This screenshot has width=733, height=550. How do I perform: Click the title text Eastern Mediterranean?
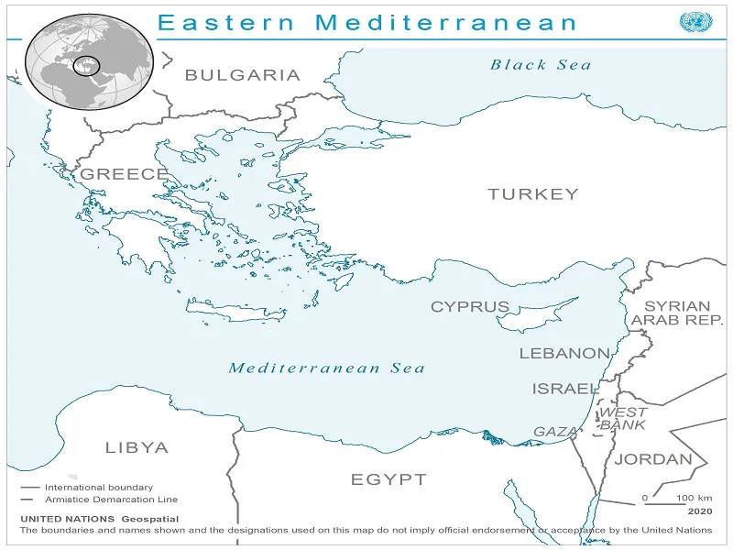pyautogui.click(x=368, y=22)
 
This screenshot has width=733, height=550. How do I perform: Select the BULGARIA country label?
pyautogui.click(x=242, y=75)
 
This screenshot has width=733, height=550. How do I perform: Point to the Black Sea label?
pyautogui.click(x=541, y=64)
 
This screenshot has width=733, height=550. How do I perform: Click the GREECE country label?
pyautogui.click(x=124, y=174)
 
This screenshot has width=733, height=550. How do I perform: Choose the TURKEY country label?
pyautogui.click(x=532, y=193)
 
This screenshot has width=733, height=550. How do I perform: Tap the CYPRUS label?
pyautogui.click(x=470, y=307)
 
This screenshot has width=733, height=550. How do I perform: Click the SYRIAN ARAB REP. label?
pyautogui.click(x=677, y=313)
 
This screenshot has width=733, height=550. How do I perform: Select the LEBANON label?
pyautogui.click(x=564, y=353)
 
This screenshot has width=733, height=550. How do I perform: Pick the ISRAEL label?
pyautogui.click(x=565, y=389)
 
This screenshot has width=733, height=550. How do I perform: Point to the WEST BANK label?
pyautogui.click(x=623, y=419)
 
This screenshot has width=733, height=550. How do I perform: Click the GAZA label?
pyautogui.click(x=555, y=432)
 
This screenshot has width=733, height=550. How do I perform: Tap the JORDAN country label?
pyautogui.click(x=652, y=459)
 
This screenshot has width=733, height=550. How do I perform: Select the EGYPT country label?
pyautogui.click(x=388, y=479)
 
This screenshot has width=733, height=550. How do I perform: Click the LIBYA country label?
pyautogui.click(x=137, y=448)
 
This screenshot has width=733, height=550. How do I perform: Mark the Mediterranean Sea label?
pyautogui.click(x=326, y=368)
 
